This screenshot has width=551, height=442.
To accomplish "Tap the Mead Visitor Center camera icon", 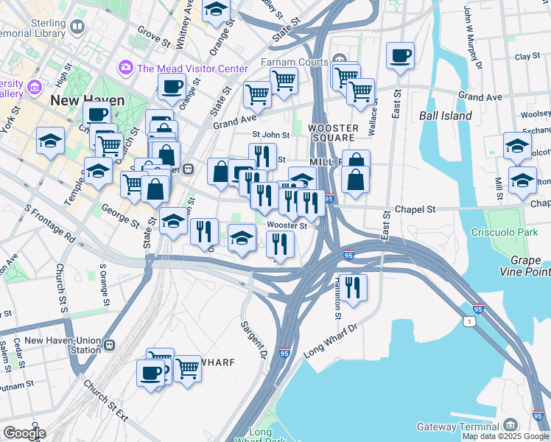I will [x=125, y=69].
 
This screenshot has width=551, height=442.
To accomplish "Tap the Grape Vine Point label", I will [x=529, y=267].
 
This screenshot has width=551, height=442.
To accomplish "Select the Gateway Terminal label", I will [x=457, y=427].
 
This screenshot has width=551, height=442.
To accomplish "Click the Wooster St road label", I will [x=287, y=225].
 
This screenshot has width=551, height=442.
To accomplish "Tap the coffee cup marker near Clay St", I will [x=400, y=57].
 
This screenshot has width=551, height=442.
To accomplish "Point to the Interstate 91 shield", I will [x=329, y=198].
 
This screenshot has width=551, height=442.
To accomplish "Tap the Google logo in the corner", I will [x=24, y=433].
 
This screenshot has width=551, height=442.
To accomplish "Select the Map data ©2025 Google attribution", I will [x=505, y=436].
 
